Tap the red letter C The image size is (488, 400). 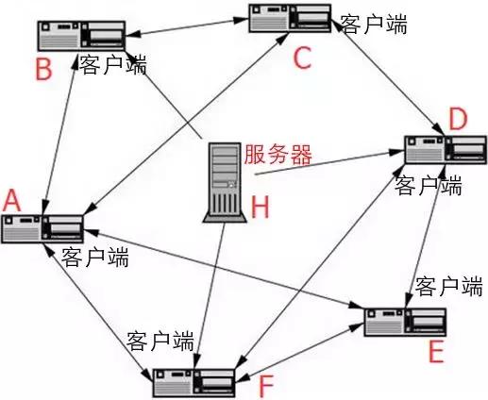click(x=301, y=59)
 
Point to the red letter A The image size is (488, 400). click(x=11, y=199)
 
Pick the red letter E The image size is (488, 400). click(x=435, y=353)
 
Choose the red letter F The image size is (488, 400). click(x=267, y=384)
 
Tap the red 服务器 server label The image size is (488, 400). click(x=277, y=154)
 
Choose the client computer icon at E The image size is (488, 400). click(x=407, y=321)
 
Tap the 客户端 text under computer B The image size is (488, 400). click(x=113, y=64)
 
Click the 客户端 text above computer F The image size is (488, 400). click(x=160, y=337)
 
